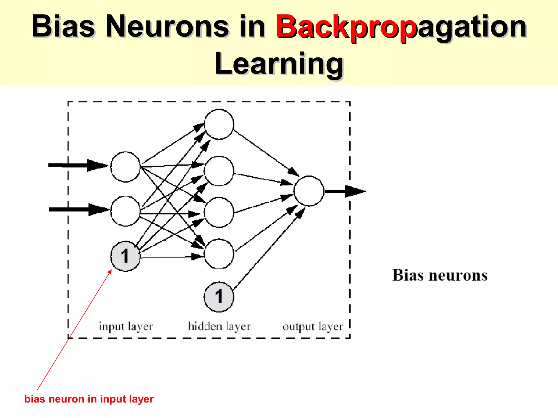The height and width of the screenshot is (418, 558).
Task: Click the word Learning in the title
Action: (x=279, y=64)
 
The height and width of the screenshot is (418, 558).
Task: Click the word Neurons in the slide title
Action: (x=167, y=27)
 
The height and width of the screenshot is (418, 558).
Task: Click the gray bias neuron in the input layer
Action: (x=125, y=256)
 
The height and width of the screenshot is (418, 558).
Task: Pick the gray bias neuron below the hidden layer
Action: (x=219, y=297)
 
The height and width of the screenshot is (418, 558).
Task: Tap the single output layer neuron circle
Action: (x=309, y=191)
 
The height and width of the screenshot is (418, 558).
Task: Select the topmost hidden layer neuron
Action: (x=219, y=124)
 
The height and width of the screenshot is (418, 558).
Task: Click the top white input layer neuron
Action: (x=125, y=167)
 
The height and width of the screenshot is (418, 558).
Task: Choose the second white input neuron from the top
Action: (x=125, y=211)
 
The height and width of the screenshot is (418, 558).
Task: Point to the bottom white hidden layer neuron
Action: (x=219, y=254)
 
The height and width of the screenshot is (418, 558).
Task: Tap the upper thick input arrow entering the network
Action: (x=78, y=165)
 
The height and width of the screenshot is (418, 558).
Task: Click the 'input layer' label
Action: (x=126, y=326)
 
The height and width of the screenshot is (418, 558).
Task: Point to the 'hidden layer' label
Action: (x=219, y=326)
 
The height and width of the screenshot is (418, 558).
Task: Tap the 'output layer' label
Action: (x=313, y=326)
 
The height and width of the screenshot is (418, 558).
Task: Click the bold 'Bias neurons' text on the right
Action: (x=440, y=275)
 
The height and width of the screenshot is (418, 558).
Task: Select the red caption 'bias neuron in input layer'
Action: (x=89, y=399)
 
